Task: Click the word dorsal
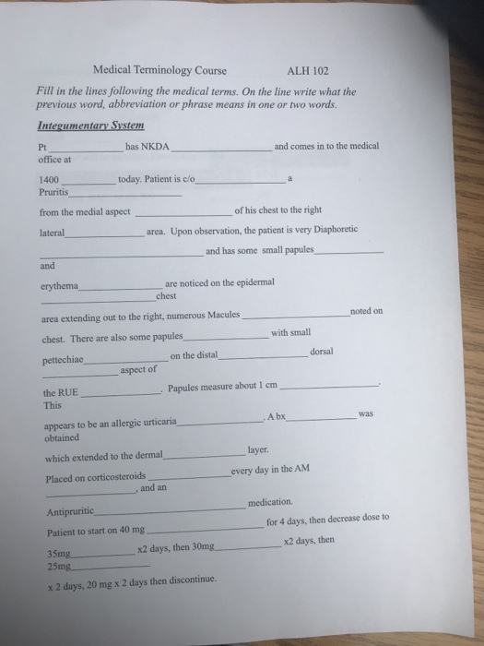[324, 352]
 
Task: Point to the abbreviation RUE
[68, 392]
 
